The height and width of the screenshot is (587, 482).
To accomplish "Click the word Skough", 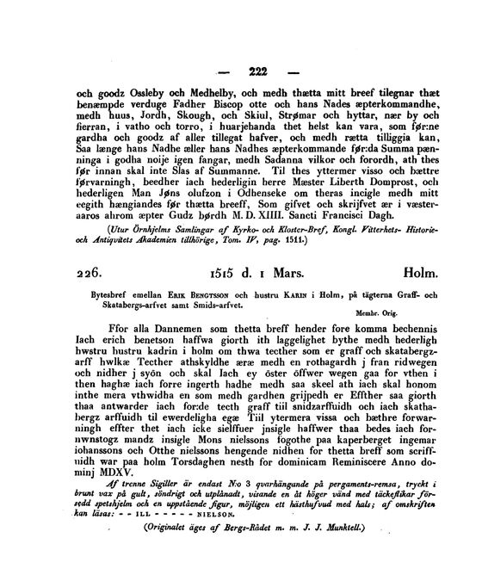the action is click(x=203, y=125).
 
